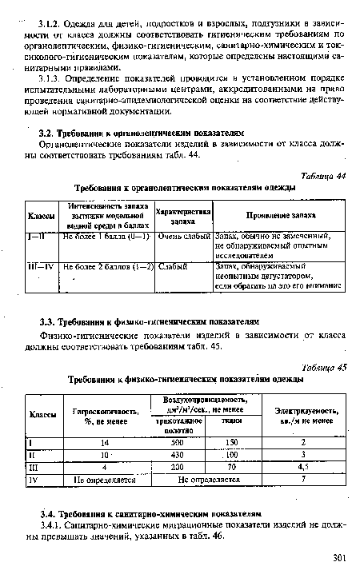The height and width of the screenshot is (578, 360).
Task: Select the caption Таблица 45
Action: coord(328,367)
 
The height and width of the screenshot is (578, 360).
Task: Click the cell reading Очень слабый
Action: coord(185,237)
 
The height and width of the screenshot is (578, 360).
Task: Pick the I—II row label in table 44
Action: coord(39,237)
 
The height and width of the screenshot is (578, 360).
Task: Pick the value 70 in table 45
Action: coord(232,468)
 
